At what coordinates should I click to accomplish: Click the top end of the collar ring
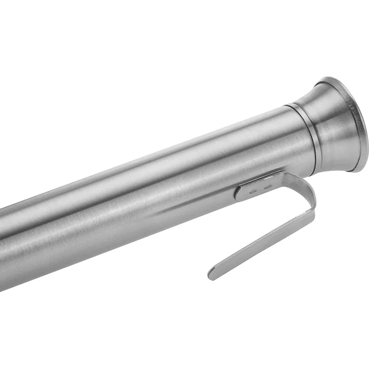290,105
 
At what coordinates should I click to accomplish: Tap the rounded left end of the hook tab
237,193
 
